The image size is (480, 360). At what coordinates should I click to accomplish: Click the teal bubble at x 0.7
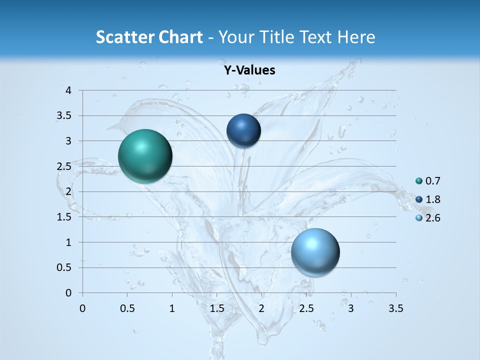tap(145, 156)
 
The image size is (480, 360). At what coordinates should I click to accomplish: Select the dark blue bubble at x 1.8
tap(243, 130)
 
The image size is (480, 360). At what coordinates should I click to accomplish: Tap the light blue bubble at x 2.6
tap(315, 252)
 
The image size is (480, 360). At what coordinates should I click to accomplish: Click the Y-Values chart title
tap(249, 70)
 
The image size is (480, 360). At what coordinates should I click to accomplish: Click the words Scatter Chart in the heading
tap(149, 37)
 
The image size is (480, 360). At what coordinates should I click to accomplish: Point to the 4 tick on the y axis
tap(68, 90)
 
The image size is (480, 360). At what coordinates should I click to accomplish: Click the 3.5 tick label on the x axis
tap(395, 308)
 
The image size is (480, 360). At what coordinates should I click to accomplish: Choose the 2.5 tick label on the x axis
tap(306, 308)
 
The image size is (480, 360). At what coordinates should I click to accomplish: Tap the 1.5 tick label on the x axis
tap(216, 308)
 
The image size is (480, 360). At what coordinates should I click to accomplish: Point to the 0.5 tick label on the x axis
tap(127, 308)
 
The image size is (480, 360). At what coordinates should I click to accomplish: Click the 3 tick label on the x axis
tap(351, 308)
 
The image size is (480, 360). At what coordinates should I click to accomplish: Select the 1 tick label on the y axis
tap(68, 242)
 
